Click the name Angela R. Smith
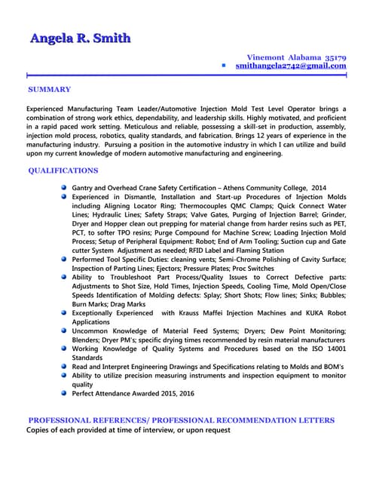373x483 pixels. (x=80, y=38)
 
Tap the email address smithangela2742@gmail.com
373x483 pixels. (x=290, y=66)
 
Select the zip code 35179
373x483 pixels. (x=335, y=57)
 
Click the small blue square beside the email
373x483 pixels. (x=224, y=66)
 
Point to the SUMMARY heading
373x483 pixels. (x=50, y=90)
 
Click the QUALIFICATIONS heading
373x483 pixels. (x=63, y=171)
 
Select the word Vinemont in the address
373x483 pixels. (x=267, y=57)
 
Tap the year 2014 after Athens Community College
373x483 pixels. (x=319, y=187)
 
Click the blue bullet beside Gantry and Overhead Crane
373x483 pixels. (x=65, y=187)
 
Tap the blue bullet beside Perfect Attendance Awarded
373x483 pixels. (x=65, y=392)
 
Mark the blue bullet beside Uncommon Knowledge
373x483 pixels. (x=65, y=330)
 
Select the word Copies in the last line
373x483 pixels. (x=41, y=430)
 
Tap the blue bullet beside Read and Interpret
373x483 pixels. (x=65, y=366)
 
